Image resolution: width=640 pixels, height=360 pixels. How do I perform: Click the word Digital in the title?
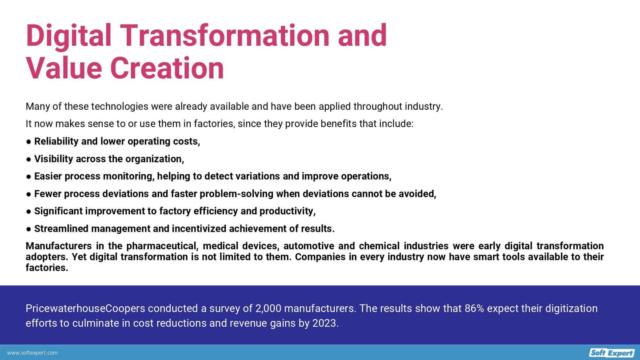[68, 36]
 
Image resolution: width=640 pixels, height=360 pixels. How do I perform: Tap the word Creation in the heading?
[167, 68]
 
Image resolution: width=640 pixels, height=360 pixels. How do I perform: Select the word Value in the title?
[64, 68]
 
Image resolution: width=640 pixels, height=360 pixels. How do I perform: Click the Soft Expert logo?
[612, 353]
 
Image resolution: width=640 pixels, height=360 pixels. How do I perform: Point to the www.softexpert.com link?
[32, 353]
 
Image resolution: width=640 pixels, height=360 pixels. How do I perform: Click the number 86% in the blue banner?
[474, 308]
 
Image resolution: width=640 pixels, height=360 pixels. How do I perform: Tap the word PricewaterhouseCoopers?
[85, 308]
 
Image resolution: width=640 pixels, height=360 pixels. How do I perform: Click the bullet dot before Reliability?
[28, 141]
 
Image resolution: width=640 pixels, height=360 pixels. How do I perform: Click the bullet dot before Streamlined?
[28, 229]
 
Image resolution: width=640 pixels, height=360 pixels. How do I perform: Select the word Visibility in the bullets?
[54, 159]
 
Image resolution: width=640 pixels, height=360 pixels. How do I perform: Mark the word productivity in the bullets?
[288, 212]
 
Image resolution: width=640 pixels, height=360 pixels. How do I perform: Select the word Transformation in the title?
[226, 36]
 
